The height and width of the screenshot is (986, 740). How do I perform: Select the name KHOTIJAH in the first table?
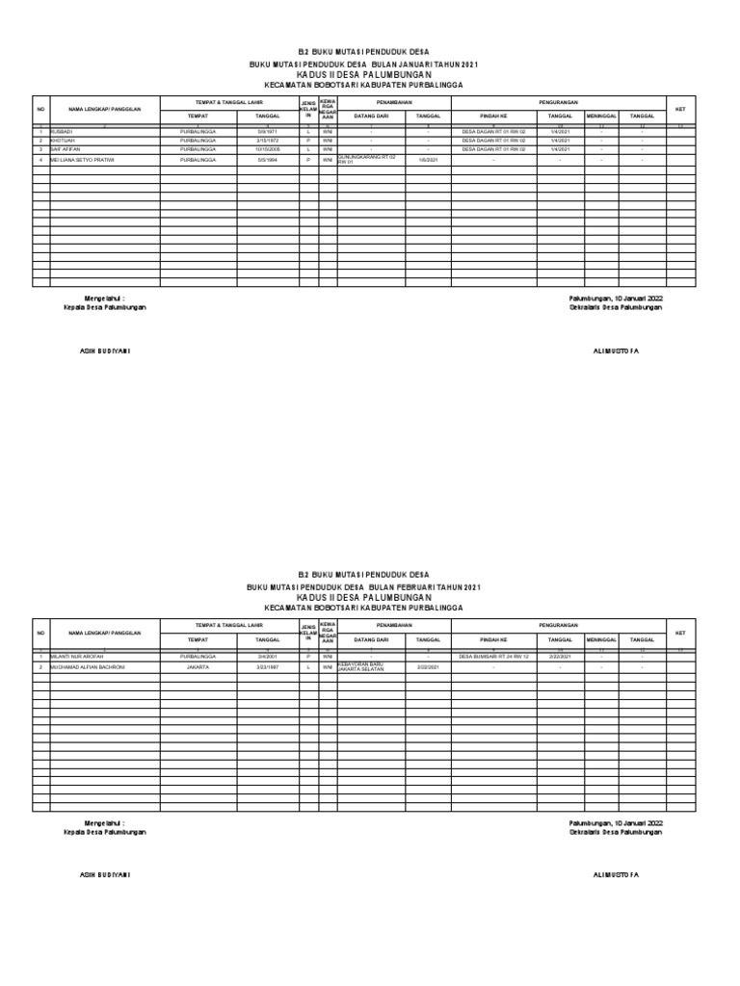pos(64,140)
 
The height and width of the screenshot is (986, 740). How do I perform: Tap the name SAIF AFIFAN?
pos(66,149)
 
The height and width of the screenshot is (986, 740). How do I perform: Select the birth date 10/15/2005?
pos(267,149)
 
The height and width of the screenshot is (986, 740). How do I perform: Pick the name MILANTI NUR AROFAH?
pos(77,656)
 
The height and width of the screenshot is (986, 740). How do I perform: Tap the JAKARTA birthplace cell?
pos(198,666)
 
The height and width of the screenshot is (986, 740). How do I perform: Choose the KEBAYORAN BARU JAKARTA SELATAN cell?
pos(361,666)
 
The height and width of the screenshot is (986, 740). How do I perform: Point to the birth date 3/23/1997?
pos(267,666)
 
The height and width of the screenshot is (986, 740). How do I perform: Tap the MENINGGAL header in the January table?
pos(601,115)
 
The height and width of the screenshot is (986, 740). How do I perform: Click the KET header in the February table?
pos(679,633)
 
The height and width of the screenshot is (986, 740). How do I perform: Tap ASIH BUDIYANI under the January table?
pos(104,351)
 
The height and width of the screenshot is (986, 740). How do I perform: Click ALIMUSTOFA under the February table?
pos(615,874)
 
